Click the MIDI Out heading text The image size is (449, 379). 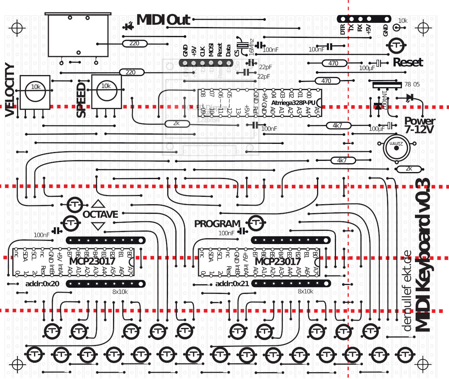pyautogui.click(x=163, y=20)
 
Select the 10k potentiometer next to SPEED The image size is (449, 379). pyautogui.click(x=106, y=92)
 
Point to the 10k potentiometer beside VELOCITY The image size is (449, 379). pyautogui.click(x=35, y=92)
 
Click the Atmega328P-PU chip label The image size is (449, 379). pyautogui.click(x=293, y=103)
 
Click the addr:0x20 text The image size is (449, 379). pyautogui.click(x=42, y=284)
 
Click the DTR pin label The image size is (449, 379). pyautogui.click(x=343, y=30)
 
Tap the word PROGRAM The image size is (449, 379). pyautogui.click(x=217, y=224)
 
